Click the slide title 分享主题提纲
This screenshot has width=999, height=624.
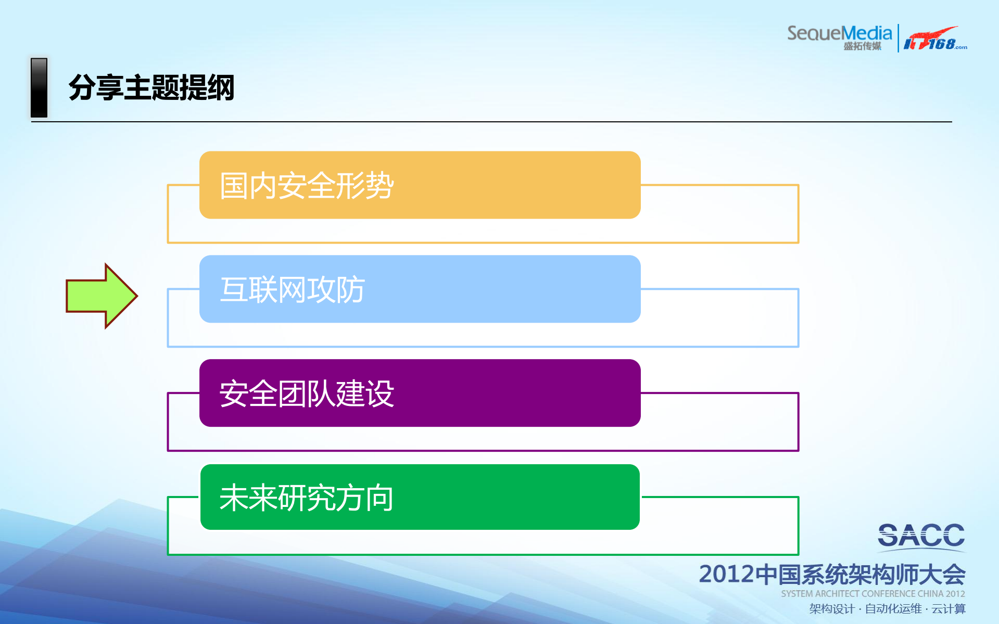[151, 87]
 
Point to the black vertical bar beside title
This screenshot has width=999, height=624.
[39, 87]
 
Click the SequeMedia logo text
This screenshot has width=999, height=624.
[839, 33]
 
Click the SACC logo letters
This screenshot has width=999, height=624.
[921, 536]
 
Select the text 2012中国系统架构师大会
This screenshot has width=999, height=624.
[832, 574]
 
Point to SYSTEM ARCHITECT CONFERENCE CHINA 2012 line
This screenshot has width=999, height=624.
[872, 594]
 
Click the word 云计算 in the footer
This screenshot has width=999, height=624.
[949, 609]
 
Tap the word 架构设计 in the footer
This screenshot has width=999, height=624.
[832, 609]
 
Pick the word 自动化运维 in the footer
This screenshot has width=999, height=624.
[893, 609]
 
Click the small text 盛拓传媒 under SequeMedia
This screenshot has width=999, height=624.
[862, 46]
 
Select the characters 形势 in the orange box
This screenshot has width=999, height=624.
[364, 185]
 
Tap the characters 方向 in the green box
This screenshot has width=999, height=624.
[364, 498]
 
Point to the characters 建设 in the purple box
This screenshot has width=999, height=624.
[364, 393]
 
